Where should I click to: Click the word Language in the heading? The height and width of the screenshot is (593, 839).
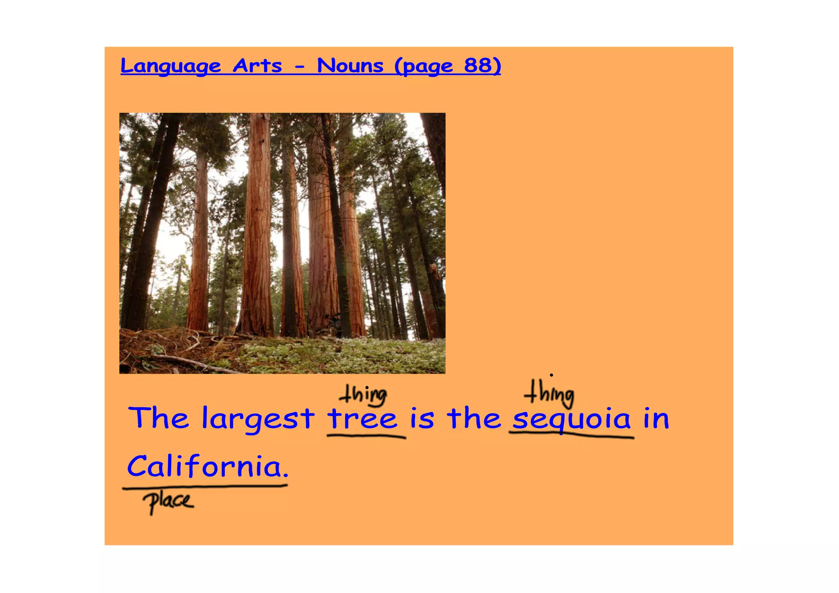click(170, 66)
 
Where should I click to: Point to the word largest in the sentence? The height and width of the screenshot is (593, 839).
click(258, 419)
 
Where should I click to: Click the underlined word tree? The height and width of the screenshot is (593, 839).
click(363, 419)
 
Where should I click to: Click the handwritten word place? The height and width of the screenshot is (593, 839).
click(168, 501)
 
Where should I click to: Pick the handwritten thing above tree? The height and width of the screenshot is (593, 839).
click(363, 395)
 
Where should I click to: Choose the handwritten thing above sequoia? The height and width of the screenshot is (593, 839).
click(549, 393)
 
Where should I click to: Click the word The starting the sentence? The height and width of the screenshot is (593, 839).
click(159, 418)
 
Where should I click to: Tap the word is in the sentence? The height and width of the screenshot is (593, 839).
click(422, 418)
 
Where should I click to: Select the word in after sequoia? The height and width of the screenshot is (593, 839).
click(656, 418)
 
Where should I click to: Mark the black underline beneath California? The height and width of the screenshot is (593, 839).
click(205, 486)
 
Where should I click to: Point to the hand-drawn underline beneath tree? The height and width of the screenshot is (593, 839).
click(366, 437)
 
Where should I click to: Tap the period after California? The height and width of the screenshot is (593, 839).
click(286, 476)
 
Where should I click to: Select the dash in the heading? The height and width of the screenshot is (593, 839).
click(300, 66)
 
